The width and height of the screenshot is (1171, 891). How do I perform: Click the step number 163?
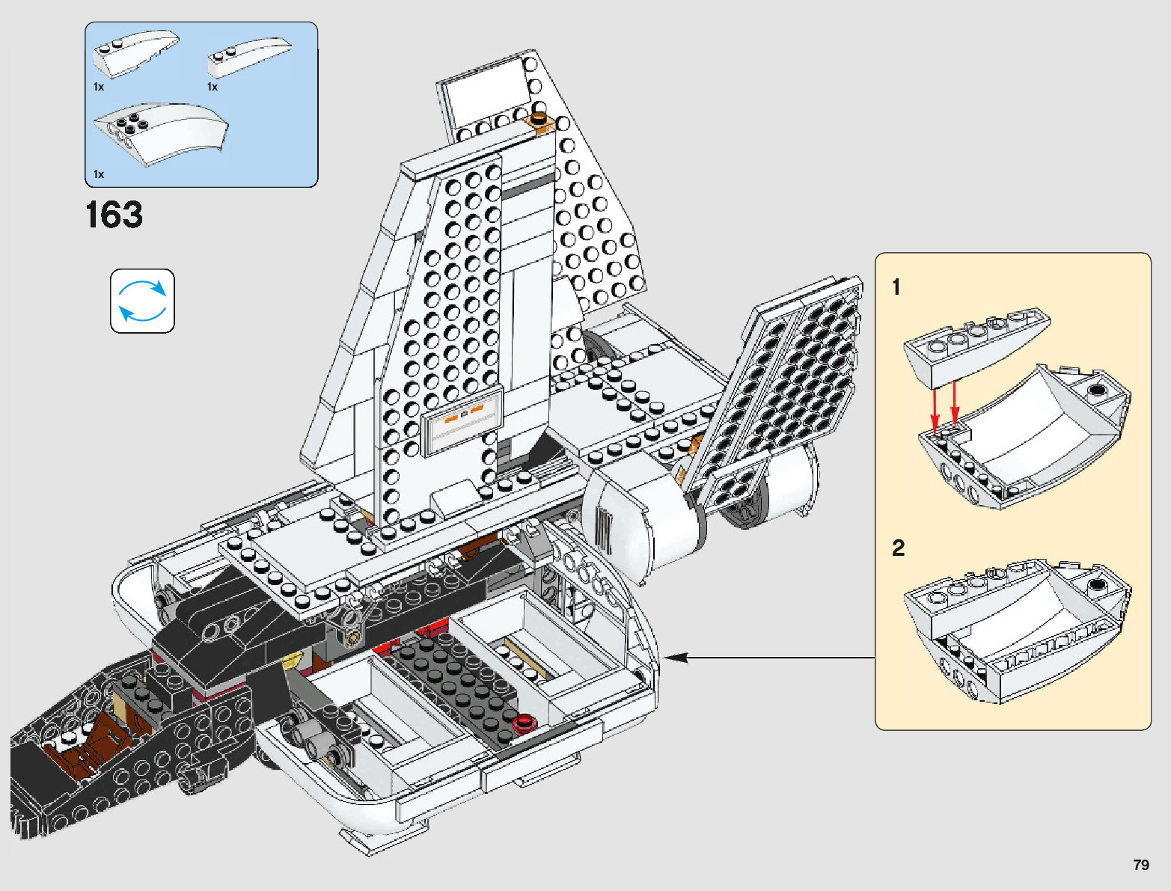tap(114, 215)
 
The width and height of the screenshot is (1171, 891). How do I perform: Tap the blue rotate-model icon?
tap(142, 301)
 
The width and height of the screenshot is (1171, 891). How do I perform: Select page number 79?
tap(1140, 865)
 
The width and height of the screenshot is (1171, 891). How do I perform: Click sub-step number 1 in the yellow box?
tap(896, 287)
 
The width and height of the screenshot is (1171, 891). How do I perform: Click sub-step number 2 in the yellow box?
tap(898, 548)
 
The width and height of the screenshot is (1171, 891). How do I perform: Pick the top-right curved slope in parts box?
tap(248, 56)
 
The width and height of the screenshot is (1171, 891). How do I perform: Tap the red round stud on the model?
tap(525, 722)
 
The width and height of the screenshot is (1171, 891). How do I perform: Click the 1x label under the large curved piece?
tap(99, 174)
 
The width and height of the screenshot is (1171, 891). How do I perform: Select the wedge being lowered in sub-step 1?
tap(973, 344)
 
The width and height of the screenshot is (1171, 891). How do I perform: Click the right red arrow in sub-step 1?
tap(955, 404)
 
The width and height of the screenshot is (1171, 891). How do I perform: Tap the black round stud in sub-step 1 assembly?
tap(1097, 390)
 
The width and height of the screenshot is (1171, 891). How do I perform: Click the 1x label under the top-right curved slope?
tap(213, 87)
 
